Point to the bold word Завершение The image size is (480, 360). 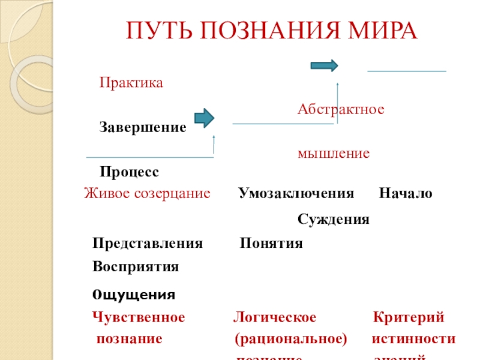143,128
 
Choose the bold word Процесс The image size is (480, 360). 130,172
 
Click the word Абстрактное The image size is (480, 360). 341,110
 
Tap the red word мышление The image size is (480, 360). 334,154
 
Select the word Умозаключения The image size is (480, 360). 296,194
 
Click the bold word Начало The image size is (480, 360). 406,194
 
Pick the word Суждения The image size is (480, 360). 334,220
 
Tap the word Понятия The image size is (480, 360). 271,244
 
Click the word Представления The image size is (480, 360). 148,244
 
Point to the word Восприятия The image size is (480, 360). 136,266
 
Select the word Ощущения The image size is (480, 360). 134,295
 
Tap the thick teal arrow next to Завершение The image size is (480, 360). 205,118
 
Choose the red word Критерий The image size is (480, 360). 408,317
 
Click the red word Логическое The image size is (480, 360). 274,317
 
